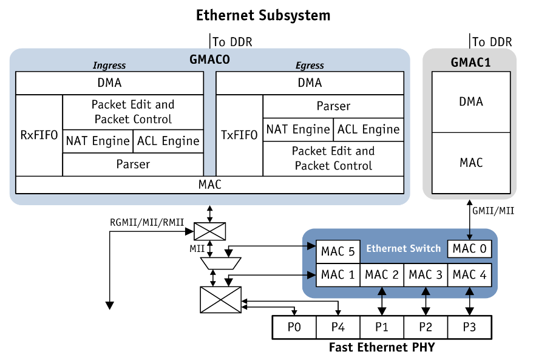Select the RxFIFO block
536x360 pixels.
pos(39,135)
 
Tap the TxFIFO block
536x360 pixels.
pos(239,135)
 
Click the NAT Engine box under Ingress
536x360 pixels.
pos(98,141)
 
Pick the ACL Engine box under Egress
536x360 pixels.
pos(368,129)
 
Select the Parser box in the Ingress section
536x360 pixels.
pos(133,164)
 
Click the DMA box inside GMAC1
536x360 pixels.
pos(471,101)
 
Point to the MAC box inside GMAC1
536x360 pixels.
pos(471,163)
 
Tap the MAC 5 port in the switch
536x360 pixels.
pos(338,251)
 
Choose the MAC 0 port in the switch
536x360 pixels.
pos(469,248)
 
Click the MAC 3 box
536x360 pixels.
pos(426,274)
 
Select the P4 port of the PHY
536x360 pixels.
pos(338,327)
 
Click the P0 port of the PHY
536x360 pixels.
pos(294,327)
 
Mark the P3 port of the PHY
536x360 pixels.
pos(469,327)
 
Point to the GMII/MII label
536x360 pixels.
pos(492,211)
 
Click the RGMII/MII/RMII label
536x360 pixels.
pos(147,221)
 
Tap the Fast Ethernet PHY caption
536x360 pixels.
pos(381,348)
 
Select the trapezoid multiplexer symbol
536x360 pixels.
pos(220,263)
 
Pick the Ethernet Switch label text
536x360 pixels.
pos(403,248)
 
